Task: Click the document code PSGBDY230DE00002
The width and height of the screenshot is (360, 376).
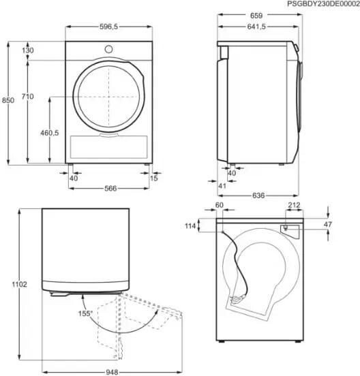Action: [323, 4]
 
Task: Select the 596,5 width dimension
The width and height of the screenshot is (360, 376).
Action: [108, 27]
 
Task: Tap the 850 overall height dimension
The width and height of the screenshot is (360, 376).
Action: [8, 100]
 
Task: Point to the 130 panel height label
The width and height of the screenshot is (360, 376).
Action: [28, 50]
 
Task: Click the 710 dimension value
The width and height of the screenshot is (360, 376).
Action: [27, 97]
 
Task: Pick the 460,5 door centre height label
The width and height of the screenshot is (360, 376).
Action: [50, 133]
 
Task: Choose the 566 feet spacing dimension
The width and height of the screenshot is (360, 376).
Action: [110, 188]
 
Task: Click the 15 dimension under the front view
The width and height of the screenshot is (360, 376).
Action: [154, 178]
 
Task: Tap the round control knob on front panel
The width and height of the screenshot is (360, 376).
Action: [108, 50]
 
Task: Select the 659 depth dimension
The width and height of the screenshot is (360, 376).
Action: [256, 16]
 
